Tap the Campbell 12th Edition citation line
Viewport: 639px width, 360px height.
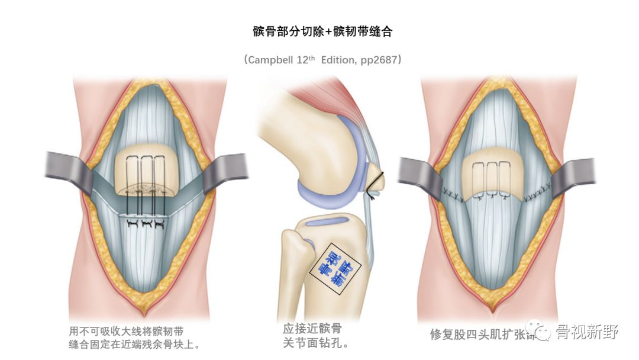[319, 60]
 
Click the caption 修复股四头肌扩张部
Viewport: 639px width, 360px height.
[479, 334]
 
